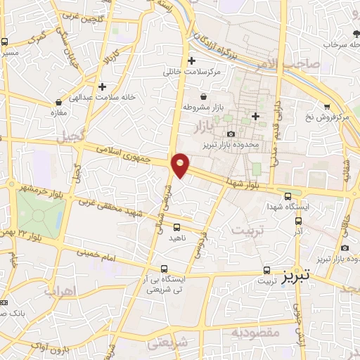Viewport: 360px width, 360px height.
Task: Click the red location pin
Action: point(181,165)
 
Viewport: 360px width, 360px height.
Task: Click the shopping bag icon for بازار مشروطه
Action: point(203,96)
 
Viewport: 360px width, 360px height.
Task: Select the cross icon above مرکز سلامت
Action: point(191,60)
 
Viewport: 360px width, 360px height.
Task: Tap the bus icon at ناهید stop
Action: point(176,227)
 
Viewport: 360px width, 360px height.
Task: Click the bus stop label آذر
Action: point(298,231)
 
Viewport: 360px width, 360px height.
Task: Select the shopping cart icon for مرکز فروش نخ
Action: point(326,106)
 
